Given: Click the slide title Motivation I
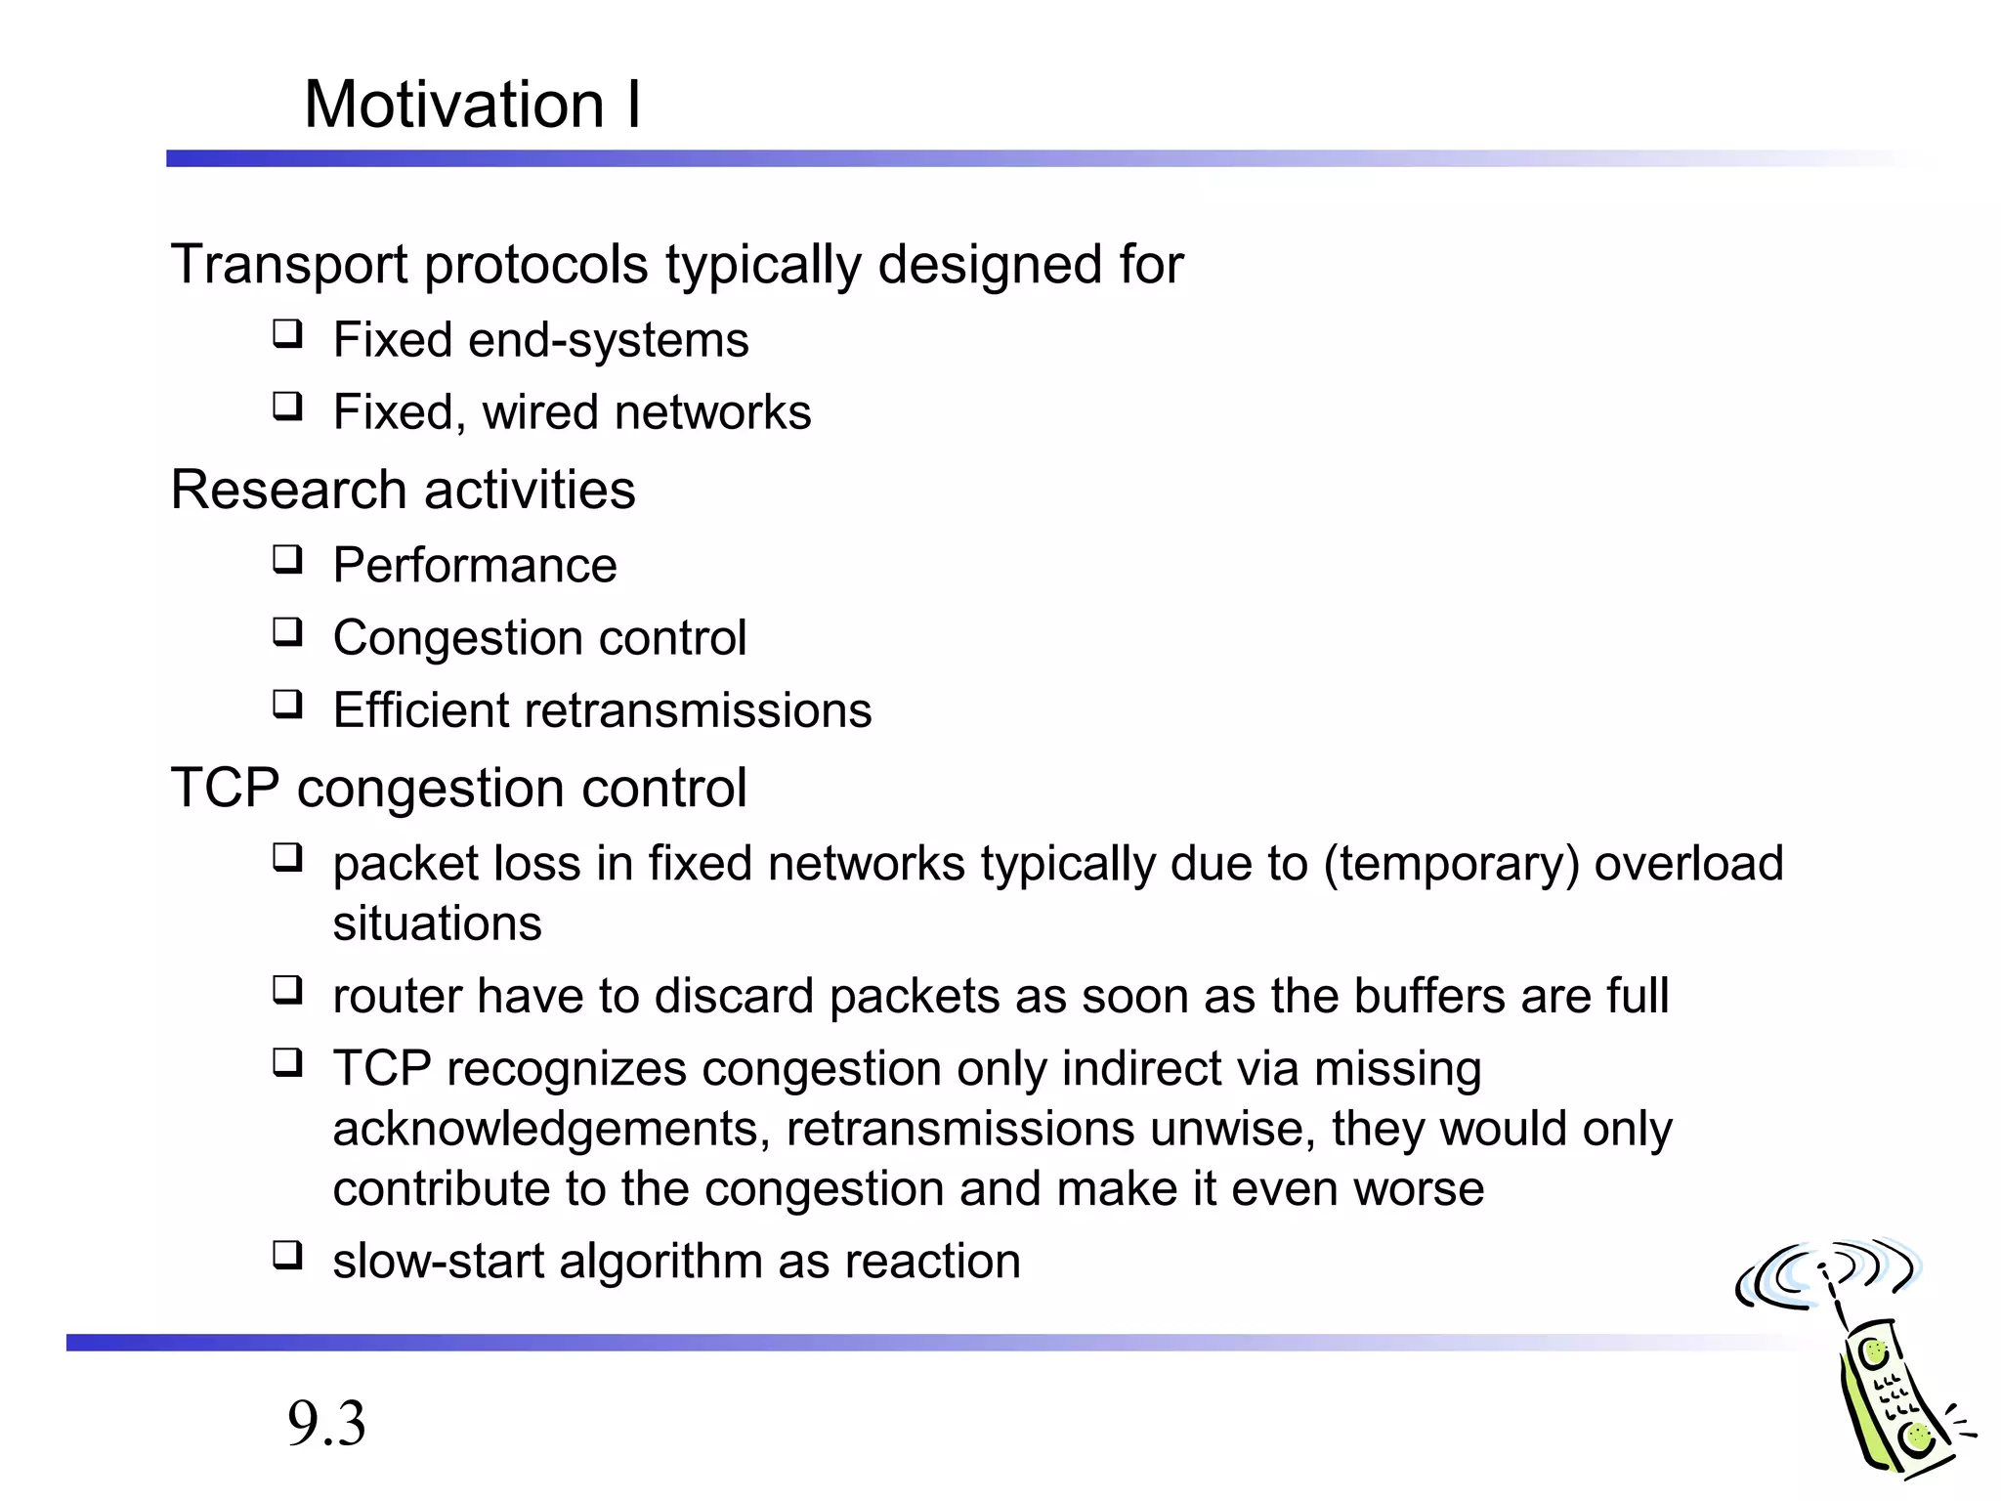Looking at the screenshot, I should pos(472,105).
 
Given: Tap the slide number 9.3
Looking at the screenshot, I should pos(326,1423).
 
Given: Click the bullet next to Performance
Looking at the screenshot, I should pos(287,561).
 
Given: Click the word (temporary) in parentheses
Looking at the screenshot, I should pos(1451,864).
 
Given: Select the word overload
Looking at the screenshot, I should pos(1688,864).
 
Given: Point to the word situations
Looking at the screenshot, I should pos(437,923).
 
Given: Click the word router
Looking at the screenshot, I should pos(397,997).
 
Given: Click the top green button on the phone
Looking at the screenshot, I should pos(1874,1353).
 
